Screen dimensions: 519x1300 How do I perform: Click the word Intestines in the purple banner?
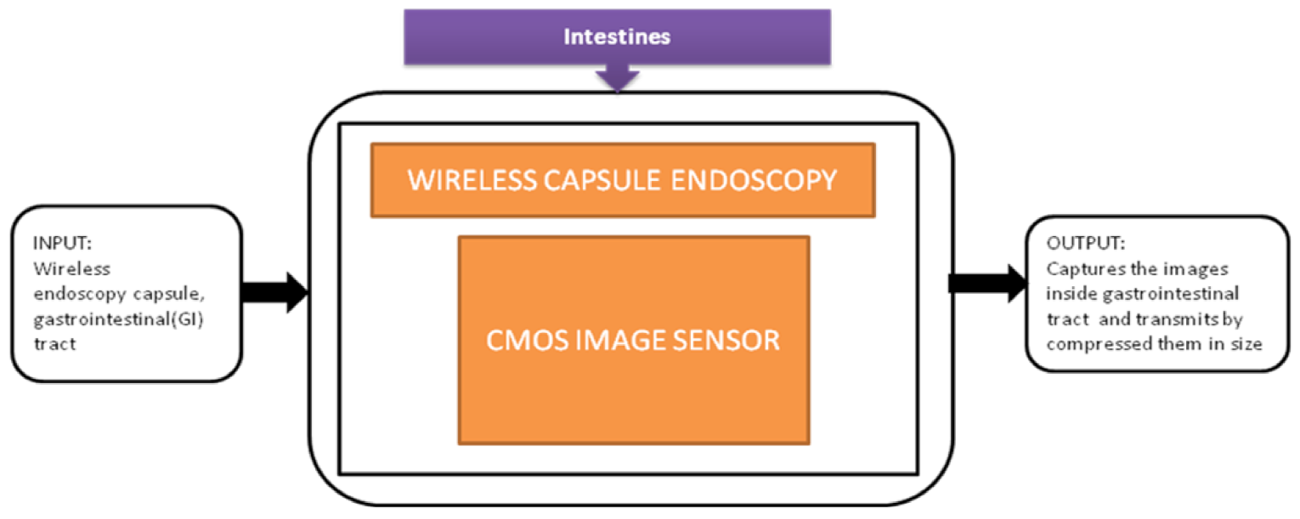point(617,37)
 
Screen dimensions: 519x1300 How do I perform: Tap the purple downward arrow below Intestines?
point(618,78)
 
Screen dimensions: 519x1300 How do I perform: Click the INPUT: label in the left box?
point(61,244)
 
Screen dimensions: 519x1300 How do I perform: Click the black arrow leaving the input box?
point(274,291)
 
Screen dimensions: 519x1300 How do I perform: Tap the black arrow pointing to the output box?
point(986,283)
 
